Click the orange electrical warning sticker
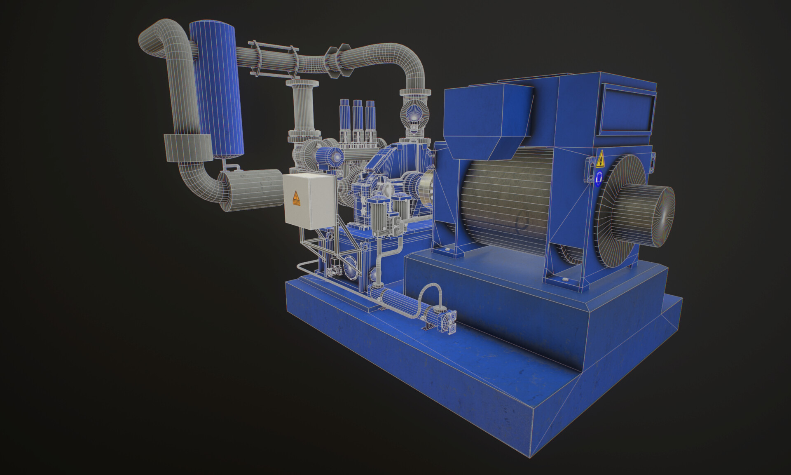(x=296, y=198)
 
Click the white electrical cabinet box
(x=309, y=200)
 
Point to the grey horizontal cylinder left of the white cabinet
(x=251, y=189)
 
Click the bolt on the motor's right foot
(x=567, y=280)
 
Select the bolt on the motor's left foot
(x=447, y=249)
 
